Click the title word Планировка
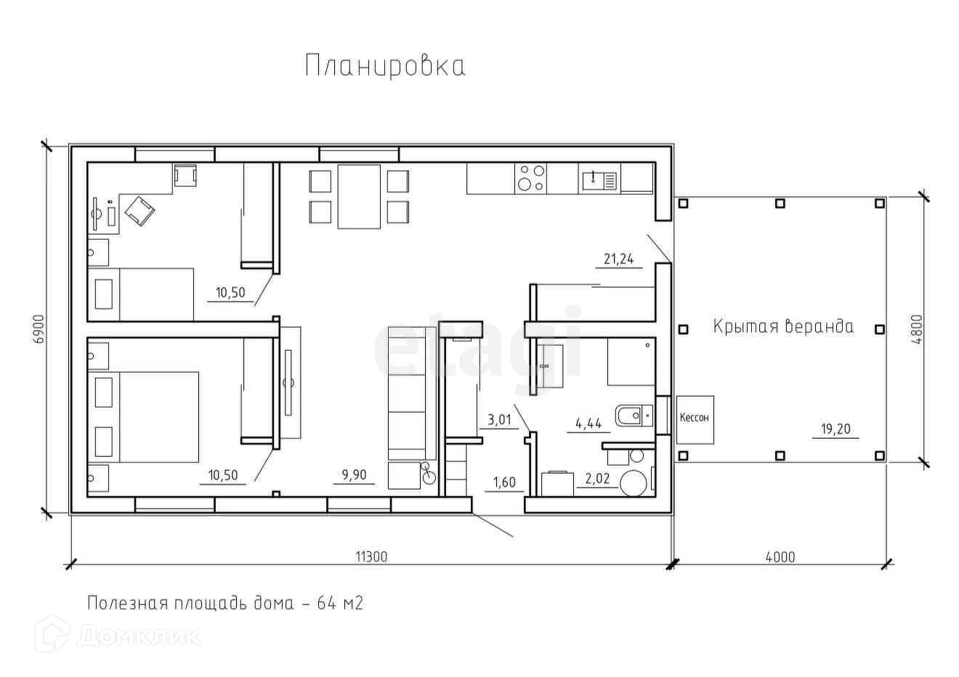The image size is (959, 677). point(385,66)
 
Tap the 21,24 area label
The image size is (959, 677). point(619,259)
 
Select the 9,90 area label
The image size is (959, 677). point(355,475)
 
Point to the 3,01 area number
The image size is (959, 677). point(500,419)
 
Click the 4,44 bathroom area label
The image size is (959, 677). point(588,423)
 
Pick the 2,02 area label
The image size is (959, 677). point(597,479)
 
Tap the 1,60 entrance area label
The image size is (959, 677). point(504,482)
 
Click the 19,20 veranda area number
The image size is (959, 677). point(835,429)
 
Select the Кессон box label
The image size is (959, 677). point(695,418)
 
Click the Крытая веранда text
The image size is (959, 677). point(783,327)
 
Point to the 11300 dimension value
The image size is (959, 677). point(371,556)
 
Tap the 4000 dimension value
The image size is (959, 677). point(780,557)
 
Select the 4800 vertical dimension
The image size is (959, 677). point(917,330)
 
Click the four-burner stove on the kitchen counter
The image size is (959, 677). point(531,177)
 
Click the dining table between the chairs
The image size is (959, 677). point(359,196)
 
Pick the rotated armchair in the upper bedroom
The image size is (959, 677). point(139,211)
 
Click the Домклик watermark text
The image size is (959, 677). point(139,637)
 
